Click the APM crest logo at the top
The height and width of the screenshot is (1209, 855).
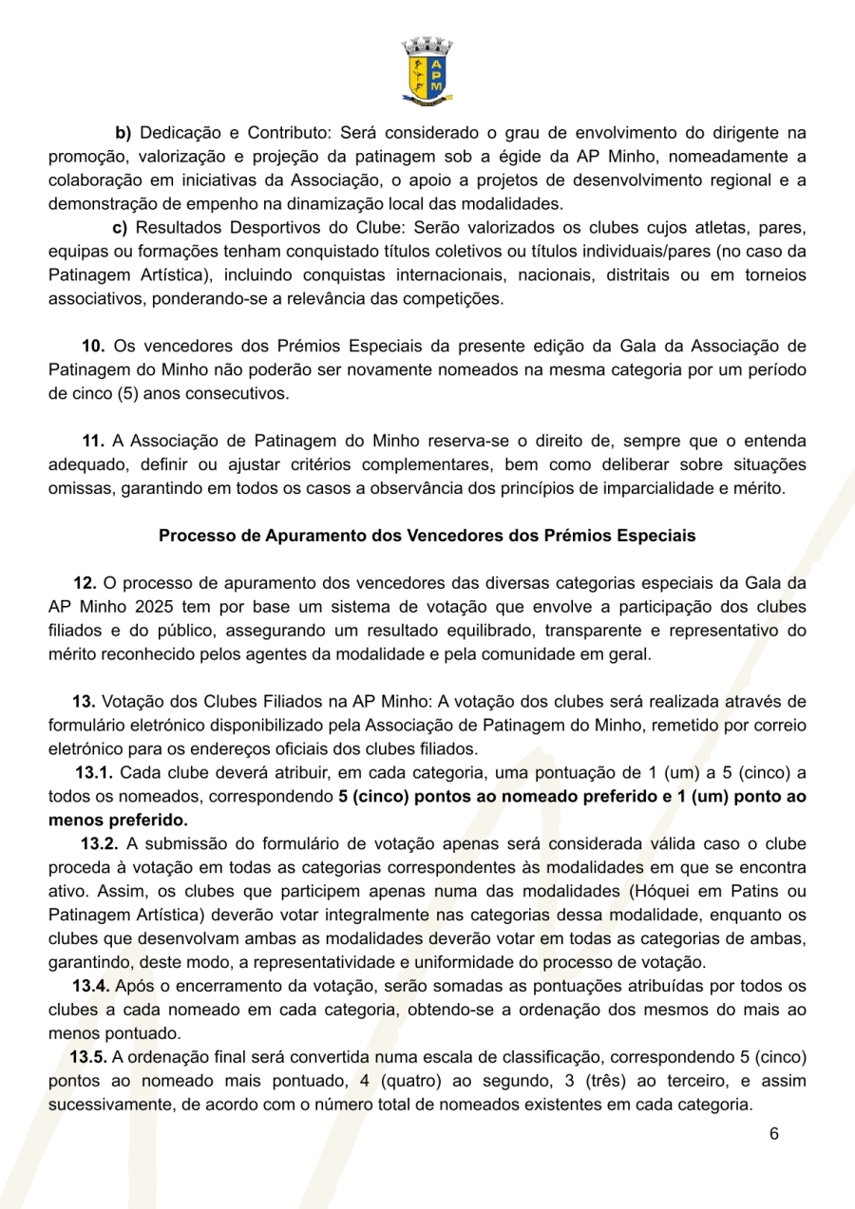click(x=427, y=69)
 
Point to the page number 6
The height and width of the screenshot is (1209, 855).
click(x=774, y=1135)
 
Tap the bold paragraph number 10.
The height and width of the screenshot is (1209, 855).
click(x=92, y=345)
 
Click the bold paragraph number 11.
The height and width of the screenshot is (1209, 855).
click(x=93, y=441)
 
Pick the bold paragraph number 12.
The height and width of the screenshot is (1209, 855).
click(x=85, y=582)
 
